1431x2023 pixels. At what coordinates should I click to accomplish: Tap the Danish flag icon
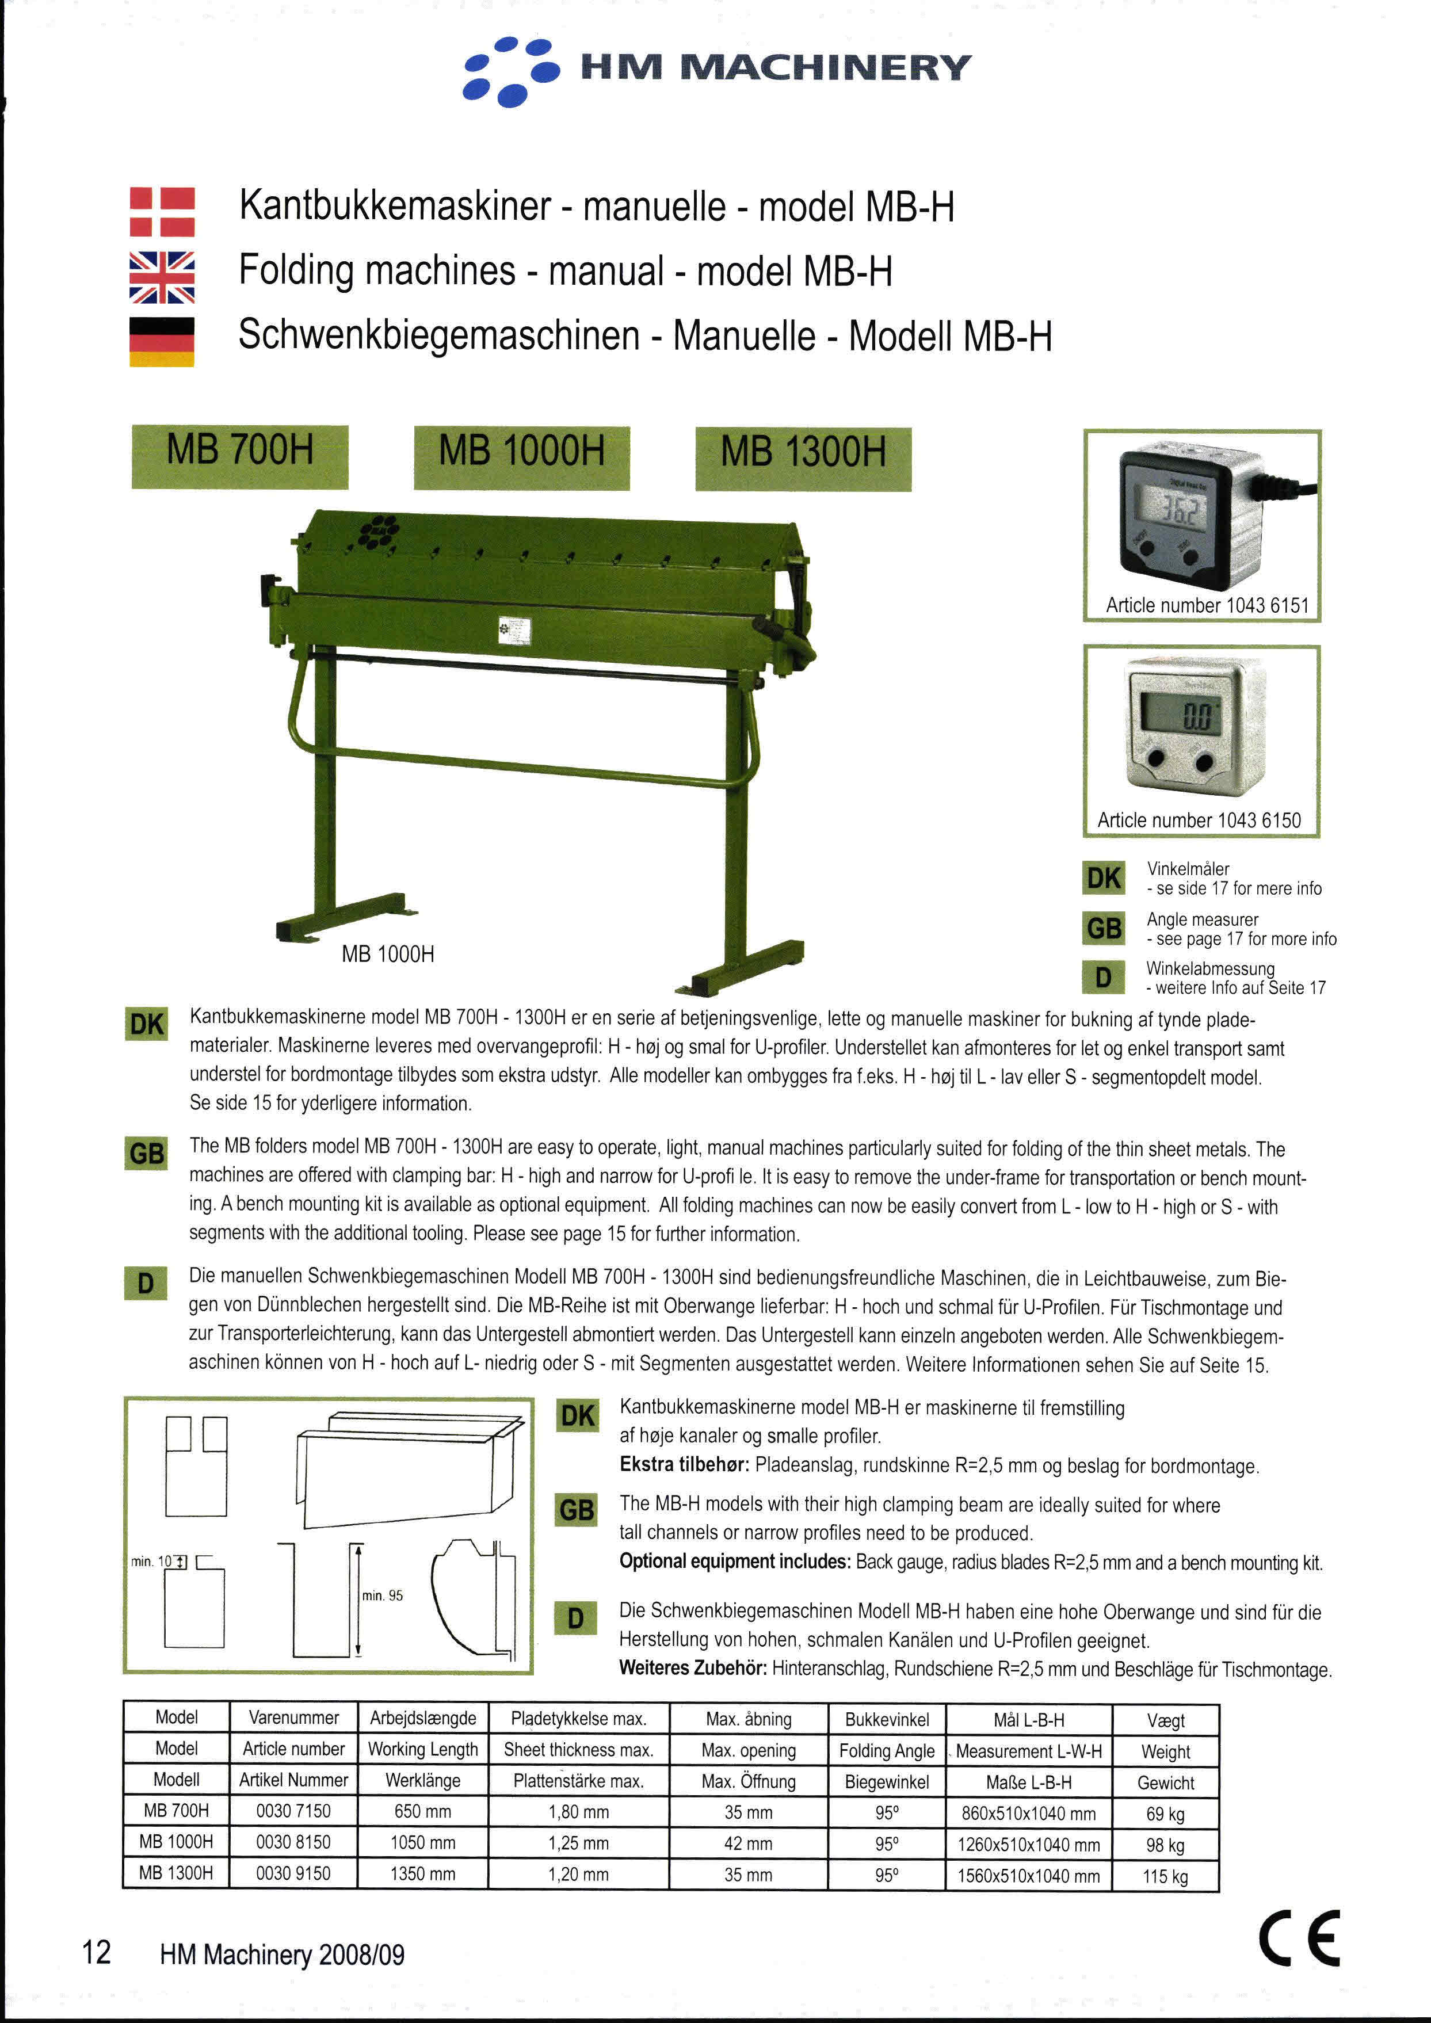click(162, 212)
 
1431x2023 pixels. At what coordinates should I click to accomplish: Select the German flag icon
click(162, 342)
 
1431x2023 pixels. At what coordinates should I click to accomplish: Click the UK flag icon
click(162, 277)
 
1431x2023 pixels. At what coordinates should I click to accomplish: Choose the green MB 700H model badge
click(240, 456)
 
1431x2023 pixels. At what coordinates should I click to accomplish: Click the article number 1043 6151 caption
click(1206, 605)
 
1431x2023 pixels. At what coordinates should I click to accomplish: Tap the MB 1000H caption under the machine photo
click(388, 954)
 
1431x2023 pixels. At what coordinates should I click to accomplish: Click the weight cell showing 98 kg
click(1165, 1844)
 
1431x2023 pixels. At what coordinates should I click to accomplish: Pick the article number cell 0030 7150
click(293, 1811)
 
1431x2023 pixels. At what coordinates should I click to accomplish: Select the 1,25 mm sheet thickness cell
click(578, 1843)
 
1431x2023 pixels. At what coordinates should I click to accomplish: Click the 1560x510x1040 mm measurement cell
click(1028, 1876)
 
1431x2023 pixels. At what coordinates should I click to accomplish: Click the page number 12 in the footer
click(97, 1952)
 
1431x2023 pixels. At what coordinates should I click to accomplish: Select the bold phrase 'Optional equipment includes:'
click(735, 1562)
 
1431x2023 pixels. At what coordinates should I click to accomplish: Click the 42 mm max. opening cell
click(748, 1843)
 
